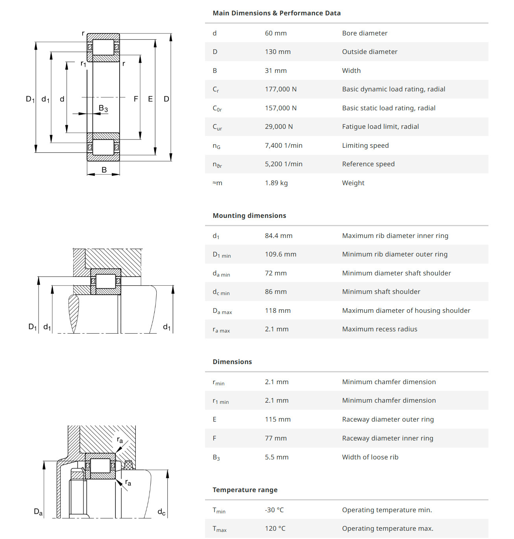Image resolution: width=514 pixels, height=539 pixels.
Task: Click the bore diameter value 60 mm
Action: [275, 33]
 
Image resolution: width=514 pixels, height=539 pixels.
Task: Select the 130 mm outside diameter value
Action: [277, 52]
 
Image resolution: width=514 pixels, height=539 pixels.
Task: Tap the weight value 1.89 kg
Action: [276, 183]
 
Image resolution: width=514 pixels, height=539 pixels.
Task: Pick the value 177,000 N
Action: [281, 89]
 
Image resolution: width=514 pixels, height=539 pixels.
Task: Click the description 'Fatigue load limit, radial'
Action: [380, 126]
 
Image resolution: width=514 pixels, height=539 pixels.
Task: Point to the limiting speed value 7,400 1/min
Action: [283, 145]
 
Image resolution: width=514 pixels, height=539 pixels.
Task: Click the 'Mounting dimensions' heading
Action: [249, 216]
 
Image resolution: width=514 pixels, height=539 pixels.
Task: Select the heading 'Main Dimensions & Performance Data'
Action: [276, 13]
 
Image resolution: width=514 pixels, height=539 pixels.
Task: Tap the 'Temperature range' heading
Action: [245, 490]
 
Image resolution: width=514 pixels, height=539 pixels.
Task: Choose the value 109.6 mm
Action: [280, 254]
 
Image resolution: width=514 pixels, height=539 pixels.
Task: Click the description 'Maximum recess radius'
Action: [379, 329]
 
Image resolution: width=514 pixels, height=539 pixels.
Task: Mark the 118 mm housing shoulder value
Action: [277, 310]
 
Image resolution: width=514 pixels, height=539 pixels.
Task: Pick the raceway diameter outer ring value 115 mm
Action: [277, 419]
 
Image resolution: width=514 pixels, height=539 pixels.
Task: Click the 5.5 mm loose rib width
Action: [276, 457]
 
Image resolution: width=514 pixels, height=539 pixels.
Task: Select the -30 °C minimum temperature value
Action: [274, 510]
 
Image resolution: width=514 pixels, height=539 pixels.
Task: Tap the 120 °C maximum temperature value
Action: [275, 528]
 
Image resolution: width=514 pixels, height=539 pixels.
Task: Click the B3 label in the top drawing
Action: [103, 108]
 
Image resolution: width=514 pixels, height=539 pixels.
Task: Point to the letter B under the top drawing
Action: [104, 170]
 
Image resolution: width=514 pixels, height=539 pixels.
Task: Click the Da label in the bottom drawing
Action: [38, 512]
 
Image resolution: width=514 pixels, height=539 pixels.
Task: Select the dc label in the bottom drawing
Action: [161, 512]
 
